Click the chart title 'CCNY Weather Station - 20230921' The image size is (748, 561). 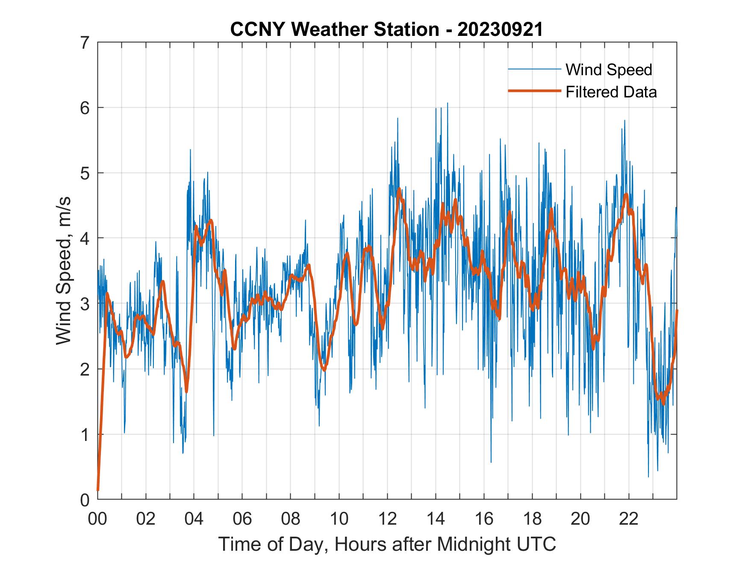point(386,29)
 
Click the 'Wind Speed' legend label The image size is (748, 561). point(609,70)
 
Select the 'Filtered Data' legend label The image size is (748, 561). point(611,92)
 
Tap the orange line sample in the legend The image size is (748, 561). point(534,91)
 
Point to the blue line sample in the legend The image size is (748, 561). point(534,69)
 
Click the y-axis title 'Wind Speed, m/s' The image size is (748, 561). point(64,271)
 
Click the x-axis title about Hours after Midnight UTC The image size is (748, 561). point(387,544)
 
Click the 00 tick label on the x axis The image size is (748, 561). point(97,519)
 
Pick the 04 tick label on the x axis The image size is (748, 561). point(194,519)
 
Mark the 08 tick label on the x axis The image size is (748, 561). point(291,519)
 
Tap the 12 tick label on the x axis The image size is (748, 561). point(387,519)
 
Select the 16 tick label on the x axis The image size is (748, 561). point(484,519)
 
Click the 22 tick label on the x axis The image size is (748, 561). point(629,519)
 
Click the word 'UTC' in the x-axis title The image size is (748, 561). point(536,544)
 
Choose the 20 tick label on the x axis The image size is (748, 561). point(580,519)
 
